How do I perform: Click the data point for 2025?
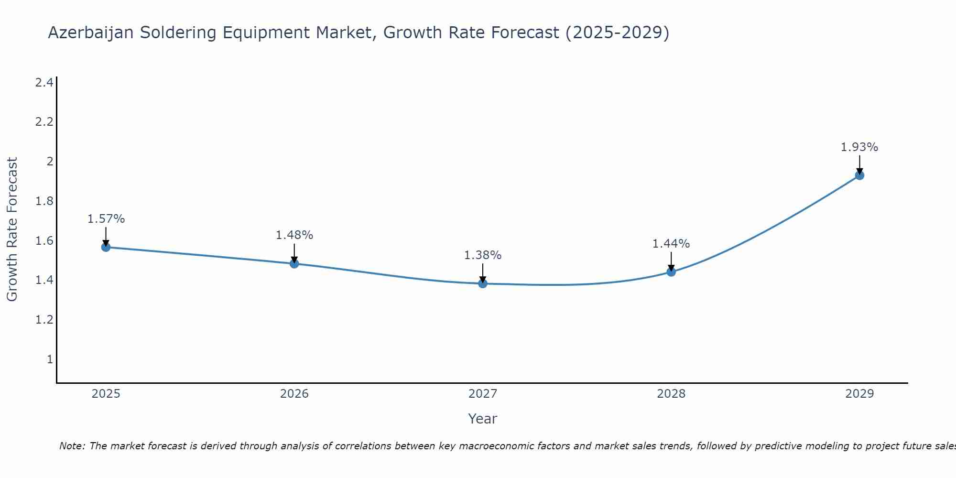pyautogui.click(x=106, y=247)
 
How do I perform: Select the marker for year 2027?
pyautogui.click(x=483, y=283)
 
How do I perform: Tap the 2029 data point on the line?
pyautogui.click(x=859, y=175)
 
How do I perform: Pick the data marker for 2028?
pyautogui.click(x=671, y=272)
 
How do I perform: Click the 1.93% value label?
pyautogui.click(x=859, y=147)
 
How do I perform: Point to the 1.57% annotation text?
pyautogui.click(x=106, y=219)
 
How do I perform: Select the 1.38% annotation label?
pyautogui.click(x=483, y=255)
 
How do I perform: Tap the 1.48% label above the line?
pyautogui.click(x=294, y=235)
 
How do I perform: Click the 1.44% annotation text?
pyautogui.click(x=671, y=244)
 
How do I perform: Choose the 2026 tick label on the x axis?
pyautogui.click(x=294, y=394)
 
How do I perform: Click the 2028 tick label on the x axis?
pyautogui.click(x=671, y=394)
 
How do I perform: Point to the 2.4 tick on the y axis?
pyautogui.click(x=44, y=83)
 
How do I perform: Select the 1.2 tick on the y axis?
pyautogui.click(x=44, y=319)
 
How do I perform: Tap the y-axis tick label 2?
pyautogui.click(x=50, y=161)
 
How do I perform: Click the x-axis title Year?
pyautogui.click(x=482, y=419)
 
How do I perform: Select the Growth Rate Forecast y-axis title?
pyautogui.click(x=12, y=229)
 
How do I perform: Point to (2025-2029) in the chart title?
pyautogui.click(x=617, y=33)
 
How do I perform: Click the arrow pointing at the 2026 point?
pyautogui.click(x=294, y=253)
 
